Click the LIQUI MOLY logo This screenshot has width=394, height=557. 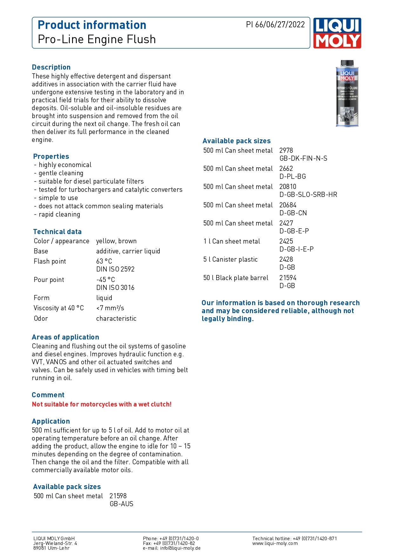(x=337, y=33)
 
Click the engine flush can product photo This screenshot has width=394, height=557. (x=347, y=94)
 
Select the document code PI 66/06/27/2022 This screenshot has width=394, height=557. (x=275, y=25)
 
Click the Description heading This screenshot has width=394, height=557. (x=51, y=67)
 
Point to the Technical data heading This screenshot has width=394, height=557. (x=57, y=232)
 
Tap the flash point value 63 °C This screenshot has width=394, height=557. (x=104, y=261)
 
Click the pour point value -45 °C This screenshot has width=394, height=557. (x=105, y=280)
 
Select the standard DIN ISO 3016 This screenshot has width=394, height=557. (x=115, y=288)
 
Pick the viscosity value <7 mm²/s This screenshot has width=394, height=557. (x=110, y=308)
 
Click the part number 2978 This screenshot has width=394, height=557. (x=286, y=151)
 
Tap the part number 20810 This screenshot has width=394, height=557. (x=288, y=187)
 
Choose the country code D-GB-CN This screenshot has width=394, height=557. (x=293, y=213)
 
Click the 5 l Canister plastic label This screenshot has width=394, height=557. (x=230, y=259)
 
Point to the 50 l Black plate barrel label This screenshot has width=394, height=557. (x=236, y=278)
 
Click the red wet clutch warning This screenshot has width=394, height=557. (x=102, y=404)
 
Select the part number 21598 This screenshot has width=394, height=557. (x=118, y=496)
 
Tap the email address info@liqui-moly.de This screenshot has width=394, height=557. (x=180, y=548)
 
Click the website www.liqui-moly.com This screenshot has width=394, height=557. (x=275, y=543)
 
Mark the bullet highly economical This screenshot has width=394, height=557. (x=65, y=165)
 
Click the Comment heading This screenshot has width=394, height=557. (x=48, y=395)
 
